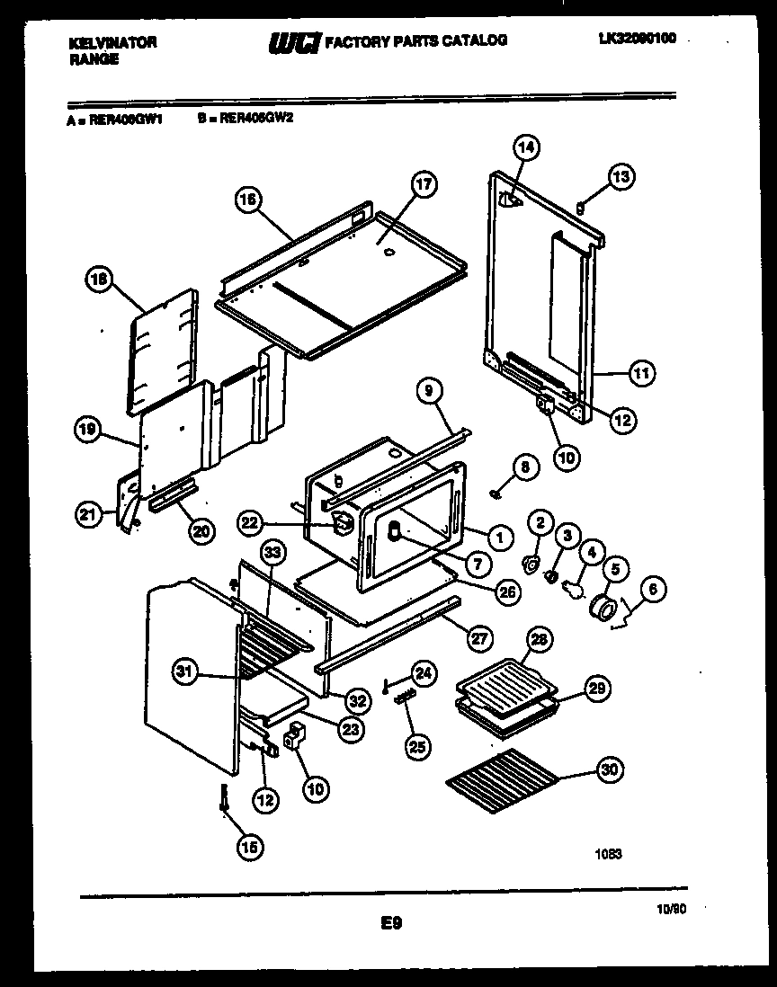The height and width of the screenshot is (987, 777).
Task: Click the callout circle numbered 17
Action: point(424,186)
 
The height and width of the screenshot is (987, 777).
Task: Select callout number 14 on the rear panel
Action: point(526,147)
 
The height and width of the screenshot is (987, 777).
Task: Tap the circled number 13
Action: point(621,177)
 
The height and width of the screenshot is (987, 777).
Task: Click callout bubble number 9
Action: point(431,391)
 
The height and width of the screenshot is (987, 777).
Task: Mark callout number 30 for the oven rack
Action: point(609,770)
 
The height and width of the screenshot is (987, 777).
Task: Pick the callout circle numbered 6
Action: point(654,590)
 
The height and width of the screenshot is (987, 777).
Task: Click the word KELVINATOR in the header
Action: point(112,41)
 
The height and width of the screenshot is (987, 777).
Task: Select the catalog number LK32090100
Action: point(637,38)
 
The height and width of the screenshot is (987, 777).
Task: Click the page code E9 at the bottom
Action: point(390,920)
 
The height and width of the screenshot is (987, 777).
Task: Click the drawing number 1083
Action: point(607,854)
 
